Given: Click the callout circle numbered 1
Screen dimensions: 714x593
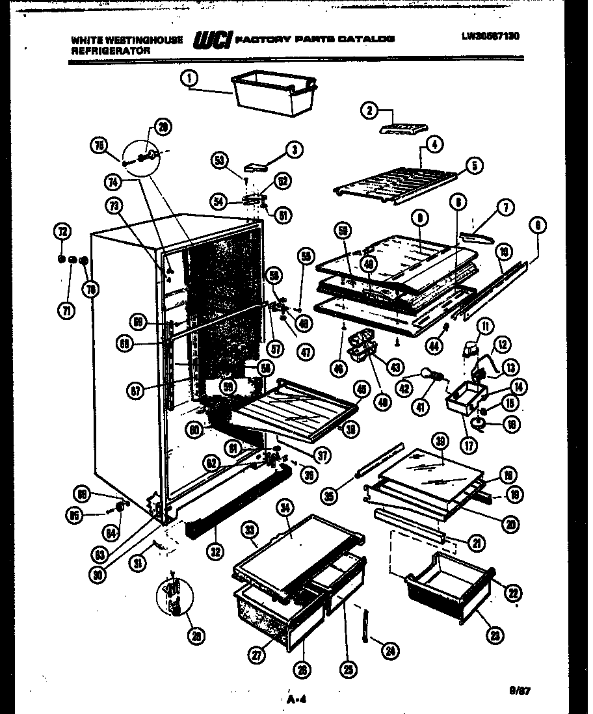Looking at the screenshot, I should pos(189,79).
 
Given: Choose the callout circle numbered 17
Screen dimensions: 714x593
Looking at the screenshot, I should pos(468,447).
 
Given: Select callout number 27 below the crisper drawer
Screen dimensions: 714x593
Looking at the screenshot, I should pos(259,656).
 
